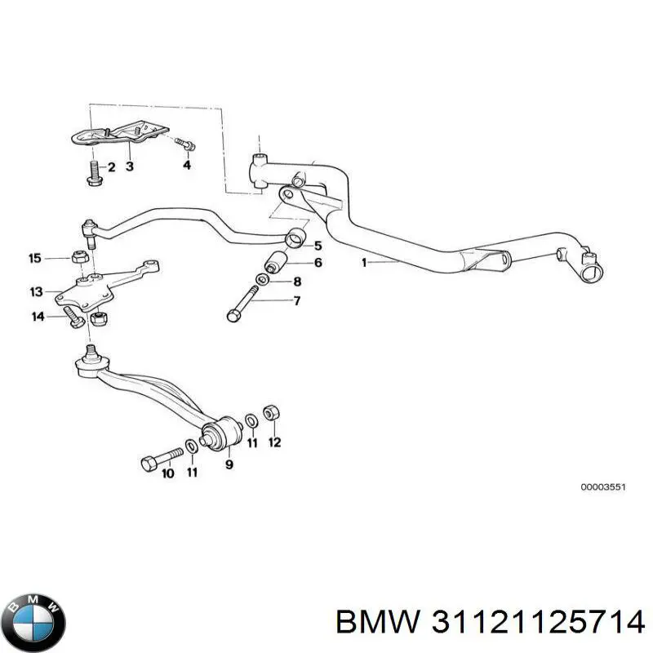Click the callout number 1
[x=366, y=263]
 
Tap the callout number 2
[x=111, y=167]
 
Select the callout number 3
[x=129, y=167]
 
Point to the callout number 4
[x=186, y=166]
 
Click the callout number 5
[x=318, y=245]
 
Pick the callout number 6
[x=318, y=262]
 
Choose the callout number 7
[x=296, y=300]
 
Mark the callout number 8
[x=297, y=282]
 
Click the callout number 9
[x=229, y=464]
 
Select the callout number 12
[x=274, y=443]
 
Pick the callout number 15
[x=34, y=259]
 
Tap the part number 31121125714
[x=535, y=623]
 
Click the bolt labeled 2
[x=91, y=173]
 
